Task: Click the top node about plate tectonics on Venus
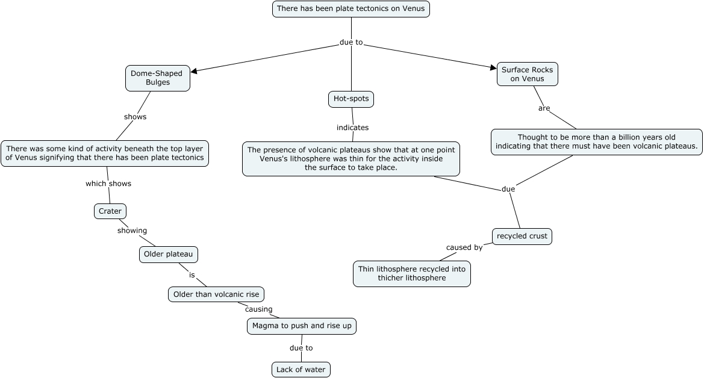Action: click(x=351, y=9)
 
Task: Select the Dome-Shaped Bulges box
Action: click(x=157, y=78)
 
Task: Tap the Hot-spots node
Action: click(x=351, y=99)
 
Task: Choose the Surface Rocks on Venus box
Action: click(x=527, y=74)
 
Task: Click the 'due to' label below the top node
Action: click(x=351, y=42)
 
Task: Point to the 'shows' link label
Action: click(x=135, y=117)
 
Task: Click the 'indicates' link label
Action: click(x=352, y=128)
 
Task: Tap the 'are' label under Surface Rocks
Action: click(x=544, y=108)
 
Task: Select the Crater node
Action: click(x=110, y=211)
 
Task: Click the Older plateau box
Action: click(x=168, y=255)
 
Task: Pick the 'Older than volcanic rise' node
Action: click(x=216, y=294)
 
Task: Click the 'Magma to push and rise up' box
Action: click(x=302, y=326)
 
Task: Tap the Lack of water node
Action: click(x=301, y=369)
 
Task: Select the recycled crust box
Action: click(x=522, y=236)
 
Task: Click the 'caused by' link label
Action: click(x=464, y=247)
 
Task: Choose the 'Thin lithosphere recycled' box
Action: click(x=411, y=273)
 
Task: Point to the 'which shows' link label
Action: click(x=108, y=184)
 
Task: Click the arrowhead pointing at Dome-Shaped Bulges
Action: click(x=194, y=71)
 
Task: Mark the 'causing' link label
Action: click(x=258, y=309)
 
